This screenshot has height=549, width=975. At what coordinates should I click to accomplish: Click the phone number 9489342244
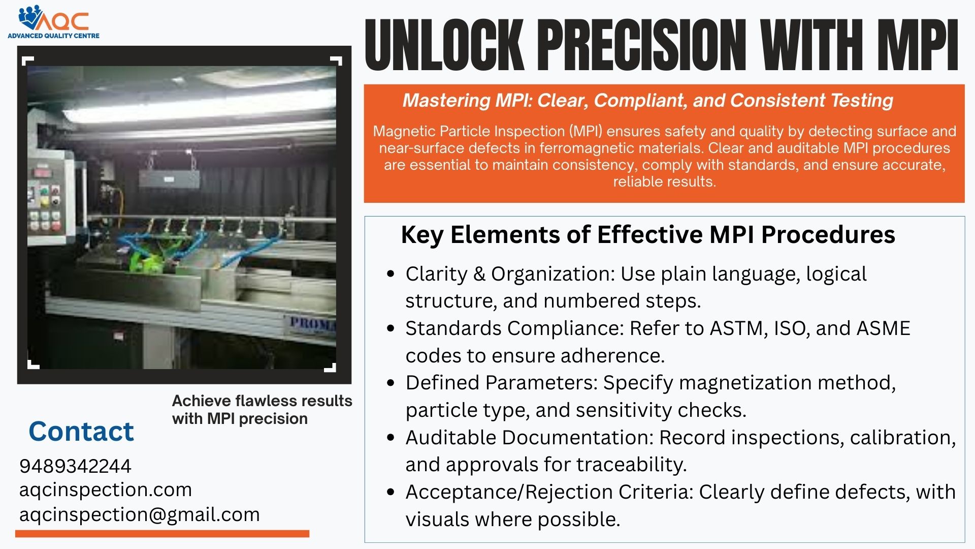75,466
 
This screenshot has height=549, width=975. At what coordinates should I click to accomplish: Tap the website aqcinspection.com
106,490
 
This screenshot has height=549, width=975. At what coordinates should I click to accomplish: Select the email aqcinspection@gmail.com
139,514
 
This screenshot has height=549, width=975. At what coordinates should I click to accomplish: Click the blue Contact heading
81,432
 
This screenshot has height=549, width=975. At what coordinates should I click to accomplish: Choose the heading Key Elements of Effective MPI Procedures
647,235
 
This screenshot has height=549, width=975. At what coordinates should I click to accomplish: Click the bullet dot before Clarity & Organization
391,274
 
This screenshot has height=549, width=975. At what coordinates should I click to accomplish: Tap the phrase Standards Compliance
514,328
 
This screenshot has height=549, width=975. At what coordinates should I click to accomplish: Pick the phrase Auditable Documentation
529,438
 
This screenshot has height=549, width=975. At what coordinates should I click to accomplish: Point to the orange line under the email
162,533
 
